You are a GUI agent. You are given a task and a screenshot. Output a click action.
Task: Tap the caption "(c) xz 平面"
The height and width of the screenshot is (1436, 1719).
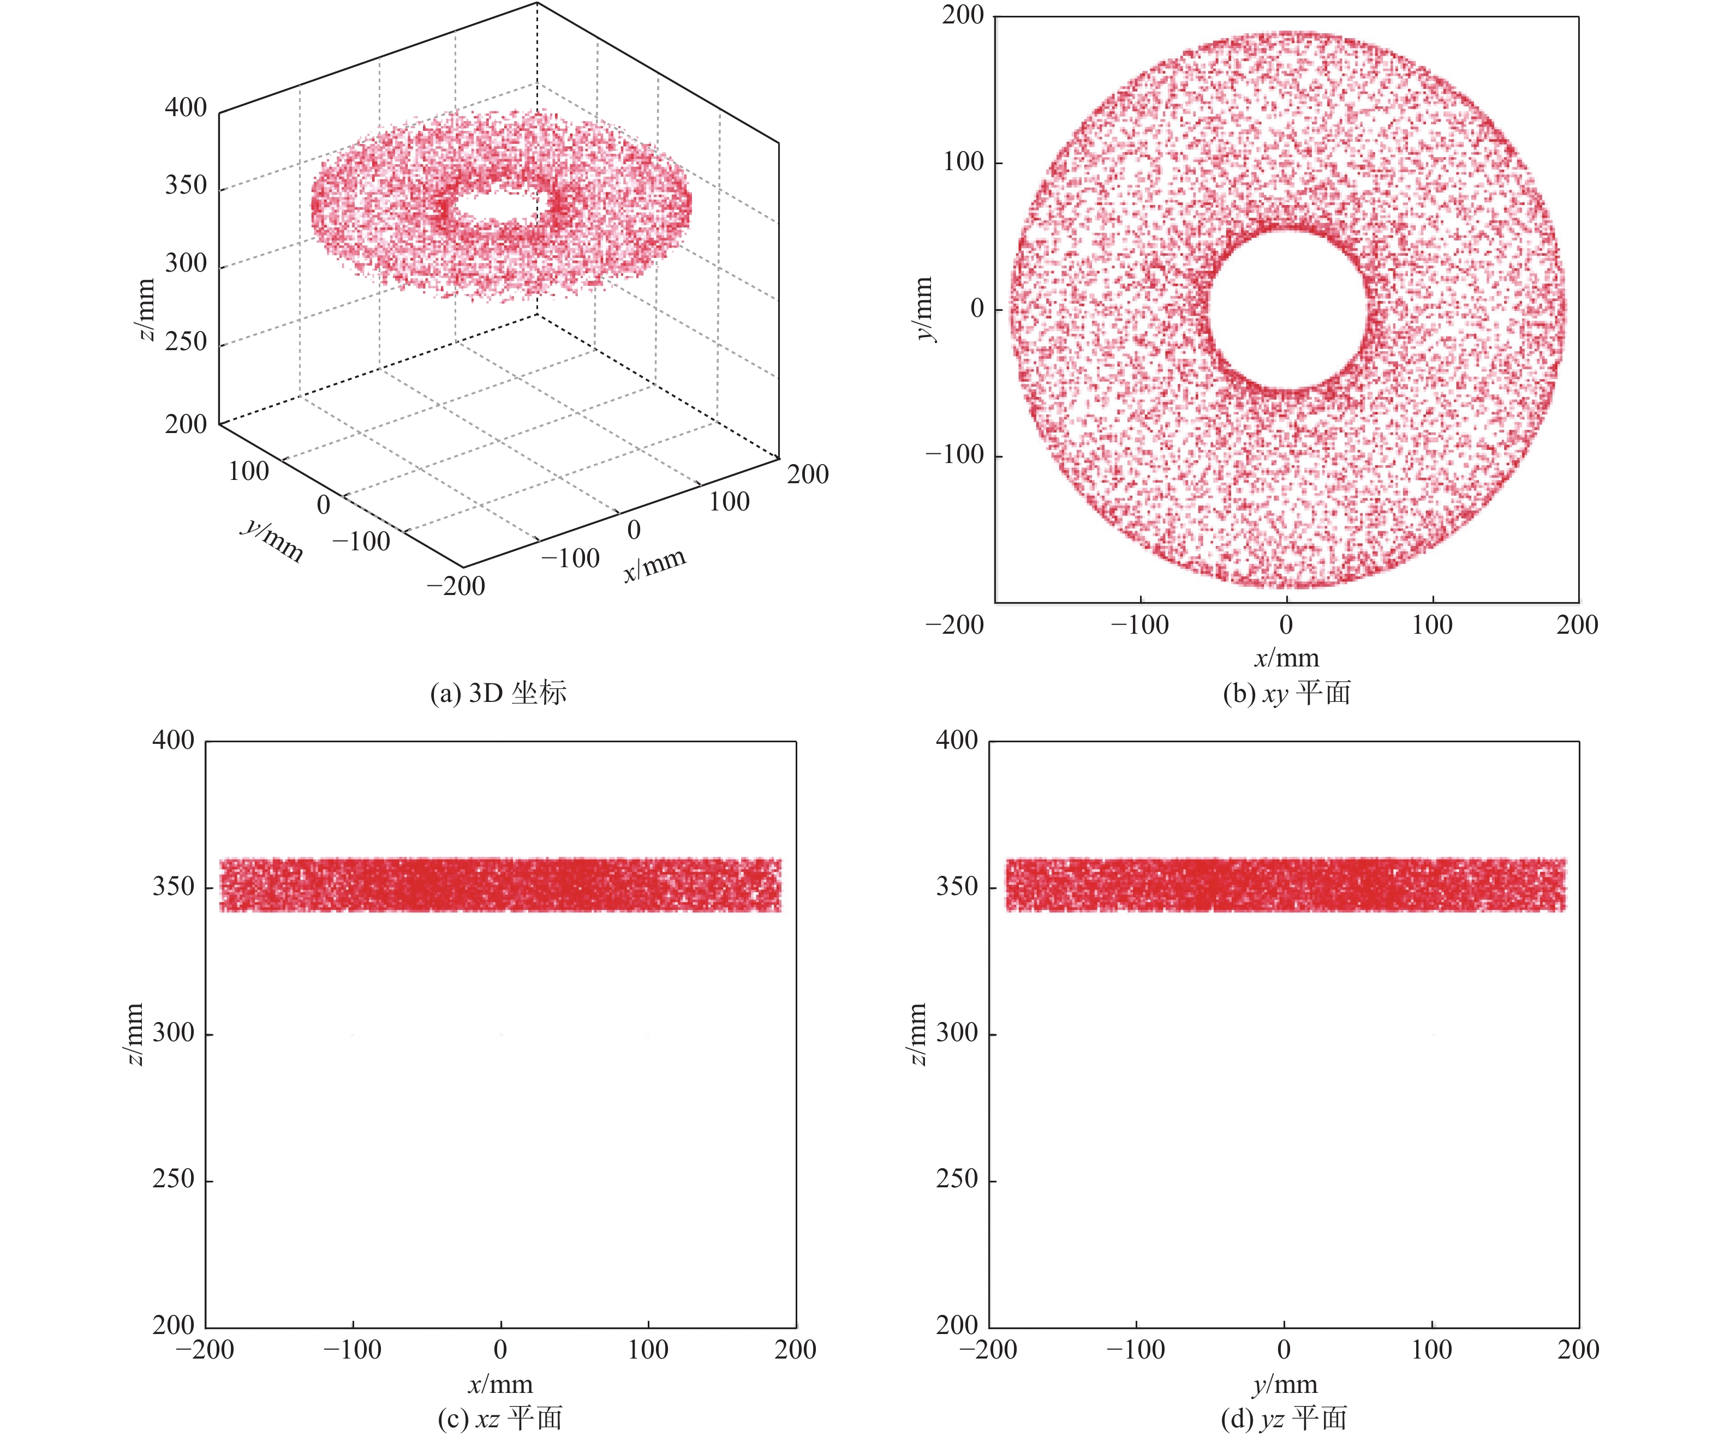(499, 1418)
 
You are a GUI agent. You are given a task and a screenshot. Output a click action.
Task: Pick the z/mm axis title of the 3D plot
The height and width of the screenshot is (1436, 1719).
(145, 309)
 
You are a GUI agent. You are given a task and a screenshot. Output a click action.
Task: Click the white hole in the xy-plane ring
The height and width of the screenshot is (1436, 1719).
(1287, 309)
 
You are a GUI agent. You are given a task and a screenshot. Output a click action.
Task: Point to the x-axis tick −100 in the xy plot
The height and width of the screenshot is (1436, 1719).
(1139, 625)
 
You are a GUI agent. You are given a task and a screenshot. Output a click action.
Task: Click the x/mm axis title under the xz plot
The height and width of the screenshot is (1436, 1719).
(500, 1384)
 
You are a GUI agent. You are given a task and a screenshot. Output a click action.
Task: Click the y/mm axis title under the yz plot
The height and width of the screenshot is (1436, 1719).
(1285, 1384)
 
